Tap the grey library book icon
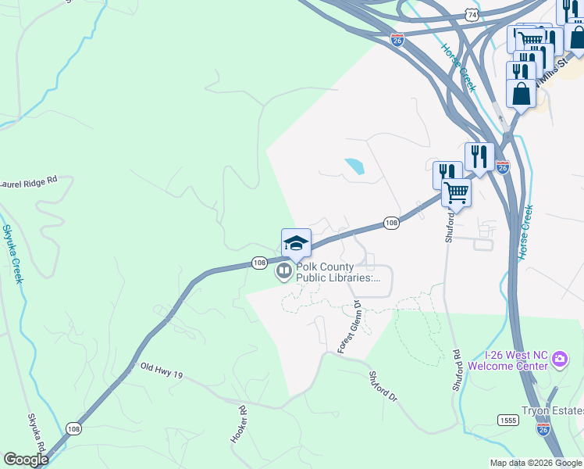tap(283, 271)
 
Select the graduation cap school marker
tap(296, 242)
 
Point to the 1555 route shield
tap(508, 420)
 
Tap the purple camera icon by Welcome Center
tap(559, 360)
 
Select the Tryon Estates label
tap(553, 411)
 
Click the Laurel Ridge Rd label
tap(29, 179)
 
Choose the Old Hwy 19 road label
tap(161, 371)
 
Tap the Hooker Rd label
tap(238, 424)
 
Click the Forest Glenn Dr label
tap(349, 327)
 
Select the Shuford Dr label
tap(383, 386)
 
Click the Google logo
tap(26, 459)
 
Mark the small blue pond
tap(354, 166)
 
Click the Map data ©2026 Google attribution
tap(535, 463)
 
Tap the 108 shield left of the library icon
tap(259, 263)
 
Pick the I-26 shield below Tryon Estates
tap(543, 428)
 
